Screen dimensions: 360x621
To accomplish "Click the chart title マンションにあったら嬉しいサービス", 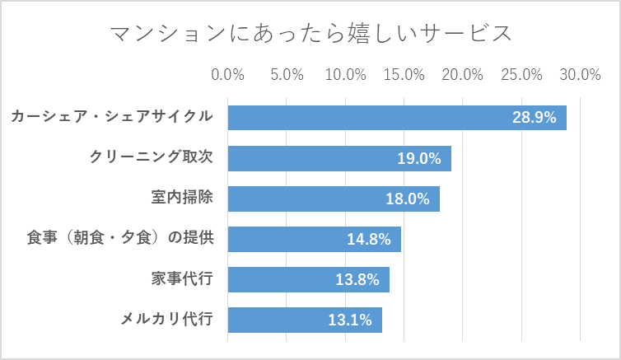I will (x=310, y=33).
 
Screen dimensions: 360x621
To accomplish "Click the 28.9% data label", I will (x=535, y=118).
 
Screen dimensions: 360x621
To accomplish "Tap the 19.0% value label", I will (x=419, y=158).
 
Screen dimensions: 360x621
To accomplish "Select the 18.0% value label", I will (x=408, y=199).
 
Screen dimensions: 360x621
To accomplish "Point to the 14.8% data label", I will (x=368, y=239).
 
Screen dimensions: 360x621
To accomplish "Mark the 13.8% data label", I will (x=357, y=279).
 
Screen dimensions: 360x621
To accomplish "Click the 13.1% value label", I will (x=350, y=320).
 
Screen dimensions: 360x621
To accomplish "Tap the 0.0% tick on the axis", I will (x=228, y=74).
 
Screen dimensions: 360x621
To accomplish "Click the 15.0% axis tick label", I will (x=404, y=74).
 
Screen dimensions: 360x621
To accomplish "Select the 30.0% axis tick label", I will (x=581, y=74).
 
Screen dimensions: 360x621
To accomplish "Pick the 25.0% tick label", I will (x=522, y=74).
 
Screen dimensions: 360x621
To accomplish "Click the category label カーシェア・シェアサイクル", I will (x=112, y=117).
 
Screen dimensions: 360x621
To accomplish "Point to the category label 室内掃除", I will (x=182, y=198).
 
